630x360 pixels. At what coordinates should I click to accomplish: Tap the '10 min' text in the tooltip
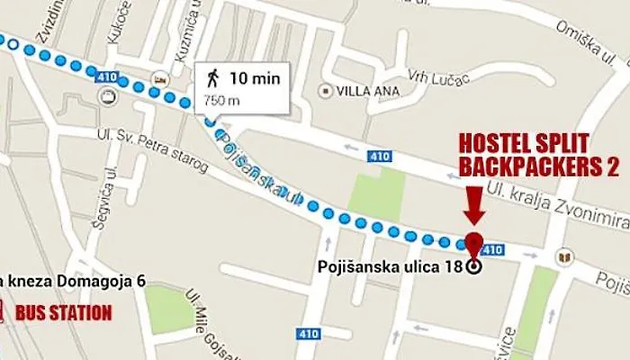pyautogui.click(x=255, y=78)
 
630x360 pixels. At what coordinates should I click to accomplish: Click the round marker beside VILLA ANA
pyautogui.click(x=325, y=91)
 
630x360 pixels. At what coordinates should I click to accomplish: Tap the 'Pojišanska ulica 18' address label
pyautogui.click(x=390, y=266)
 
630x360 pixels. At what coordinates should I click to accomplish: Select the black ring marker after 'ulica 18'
pyautogui.click(x=474, y=266)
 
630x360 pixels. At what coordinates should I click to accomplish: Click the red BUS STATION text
pyautogui.click(x=63, y=313)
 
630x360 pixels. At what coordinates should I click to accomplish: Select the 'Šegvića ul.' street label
pyautogui.click(x=111, y=193)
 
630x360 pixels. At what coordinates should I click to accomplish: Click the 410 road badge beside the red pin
pyautogui.click(x=492, y=247)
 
